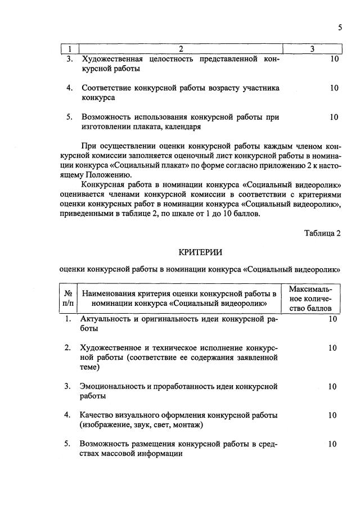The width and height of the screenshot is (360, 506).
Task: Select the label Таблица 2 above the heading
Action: (322, 233)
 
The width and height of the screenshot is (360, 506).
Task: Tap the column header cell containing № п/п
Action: (68, 298)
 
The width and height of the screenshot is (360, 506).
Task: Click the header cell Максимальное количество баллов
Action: (310, 299)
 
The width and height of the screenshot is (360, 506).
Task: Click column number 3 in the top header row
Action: (312, 49)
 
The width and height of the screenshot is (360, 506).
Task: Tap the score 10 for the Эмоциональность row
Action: (332, 386)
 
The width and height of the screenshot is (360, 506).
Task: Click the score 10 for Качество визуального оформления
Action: (332, 415)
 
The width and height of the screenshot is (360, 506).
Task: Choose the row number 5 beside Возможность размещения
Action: (67, 444)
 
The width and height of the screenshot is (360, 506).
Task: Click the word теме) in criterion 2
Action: (90, 367)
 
